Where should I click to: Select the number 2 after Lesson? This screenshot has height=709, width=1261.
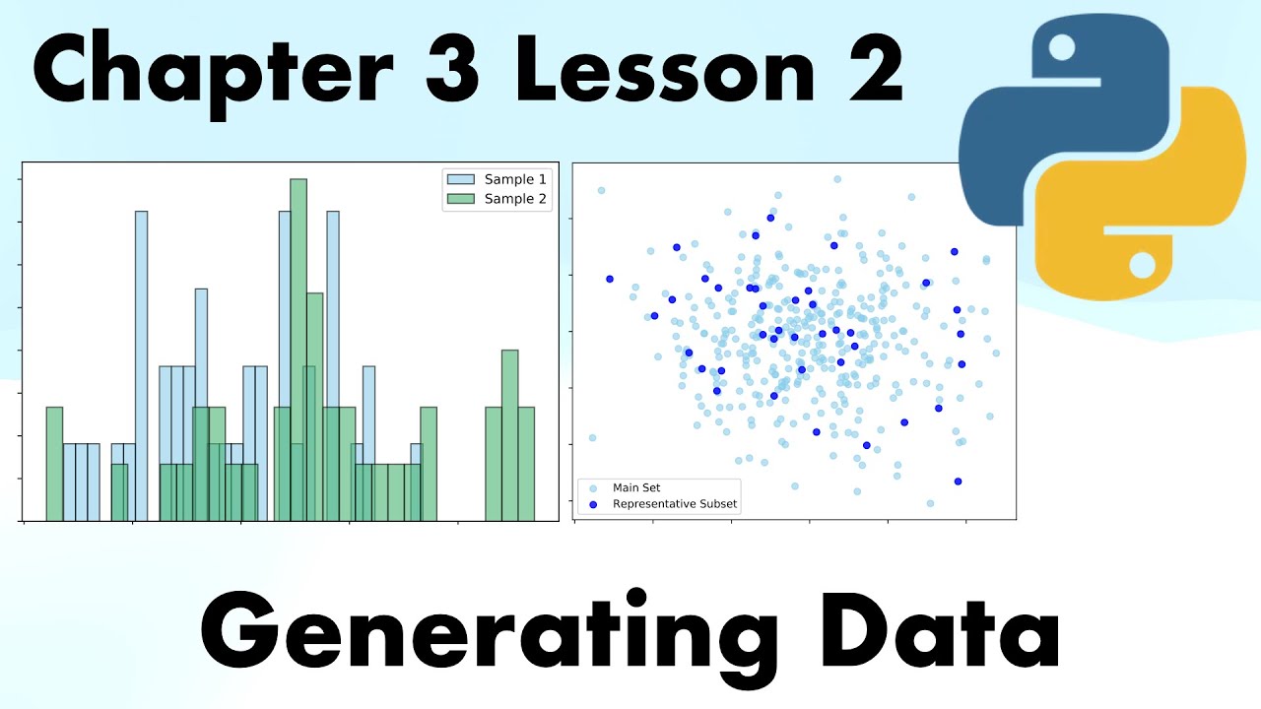(869, 74)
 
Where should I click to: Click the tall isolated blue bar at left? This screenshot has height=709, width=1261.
(142, 364)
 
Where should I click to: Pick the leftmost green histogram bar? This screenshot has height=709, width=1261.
(54, 463)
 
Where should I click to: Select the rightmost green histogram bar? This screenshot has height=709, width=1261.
(526, 463)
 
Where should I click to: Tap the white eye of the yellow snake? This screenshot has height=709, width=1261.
(1142, 264)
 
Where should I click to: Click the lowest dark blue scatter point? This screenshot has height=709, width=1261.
(958, 482)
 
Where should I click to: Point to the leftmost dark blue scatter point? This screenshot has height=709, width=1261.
(609, 279)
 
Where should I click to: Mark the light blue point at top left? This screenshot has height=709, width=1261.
(601, 190)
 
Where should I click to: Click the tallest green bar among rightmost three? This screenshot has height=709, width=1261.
(509, 433)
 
